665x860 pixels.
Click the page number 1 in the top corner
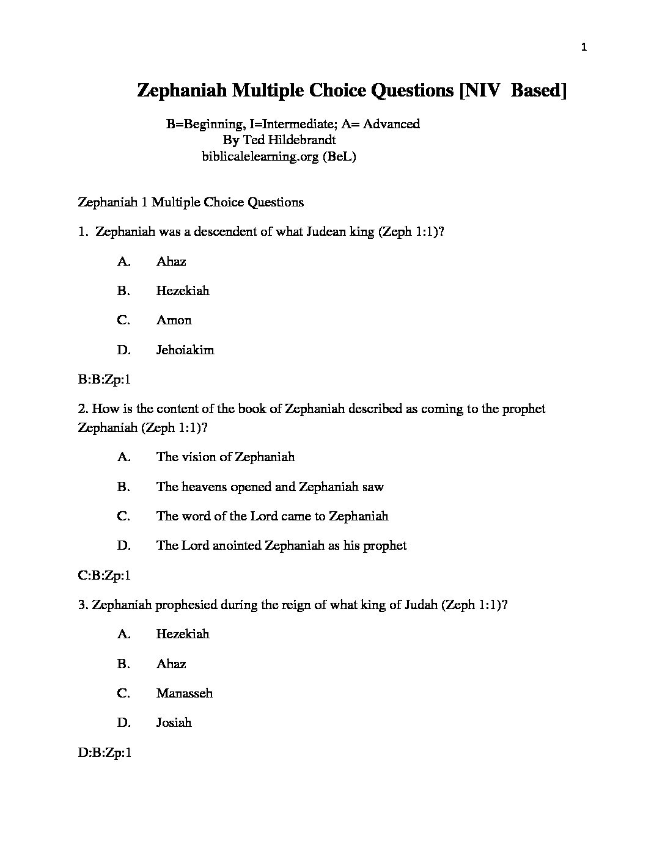[584, 48]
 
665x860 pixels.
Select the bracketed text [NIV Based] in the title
[513, 90]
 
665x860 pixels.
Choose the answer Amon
[174, 320]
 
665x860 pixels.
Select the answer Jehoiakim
[185, 350]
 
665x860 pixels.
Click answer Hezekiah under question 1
[182, 291]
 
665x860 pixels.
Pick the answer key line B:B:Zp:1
[105, 379]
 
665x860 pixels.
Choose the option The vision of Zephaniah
[225, 457]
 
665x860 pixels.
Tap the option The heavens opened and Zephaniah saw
[270, 487]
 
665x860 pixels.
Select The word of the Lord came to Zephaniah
[272, 516]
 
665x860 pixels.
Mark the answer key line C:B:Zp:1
[105, 575]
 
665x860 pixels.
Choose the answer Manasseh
[184, 693]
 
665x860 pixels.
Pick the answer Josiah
[174, 723]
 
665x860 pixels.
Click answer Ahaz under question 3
[171, 664]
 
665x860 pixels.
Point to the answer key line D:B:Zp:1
[105, 752]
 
